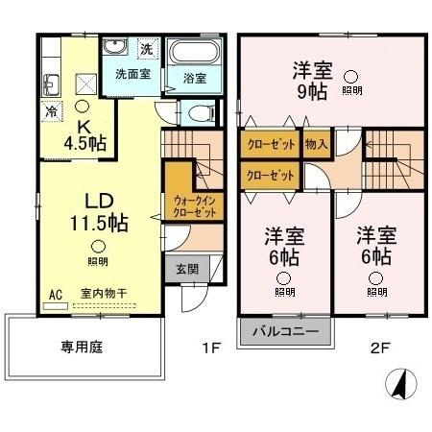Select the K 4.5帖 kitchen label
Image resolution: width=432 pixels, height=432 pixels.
coord(84,133)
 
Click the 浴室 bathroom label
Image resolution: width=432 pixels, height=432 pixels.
coord(195,79)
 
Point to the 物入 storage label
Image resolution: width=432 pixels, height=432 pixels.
coord(317,145)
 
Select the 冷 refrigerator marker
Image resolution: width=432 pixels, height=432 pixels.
coord(50,111)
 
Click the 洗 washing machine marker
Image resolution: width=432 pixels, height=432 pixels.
coord(146,47)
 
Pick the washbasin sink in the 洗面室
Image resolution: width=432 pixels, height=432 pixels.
coord(114,47)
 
